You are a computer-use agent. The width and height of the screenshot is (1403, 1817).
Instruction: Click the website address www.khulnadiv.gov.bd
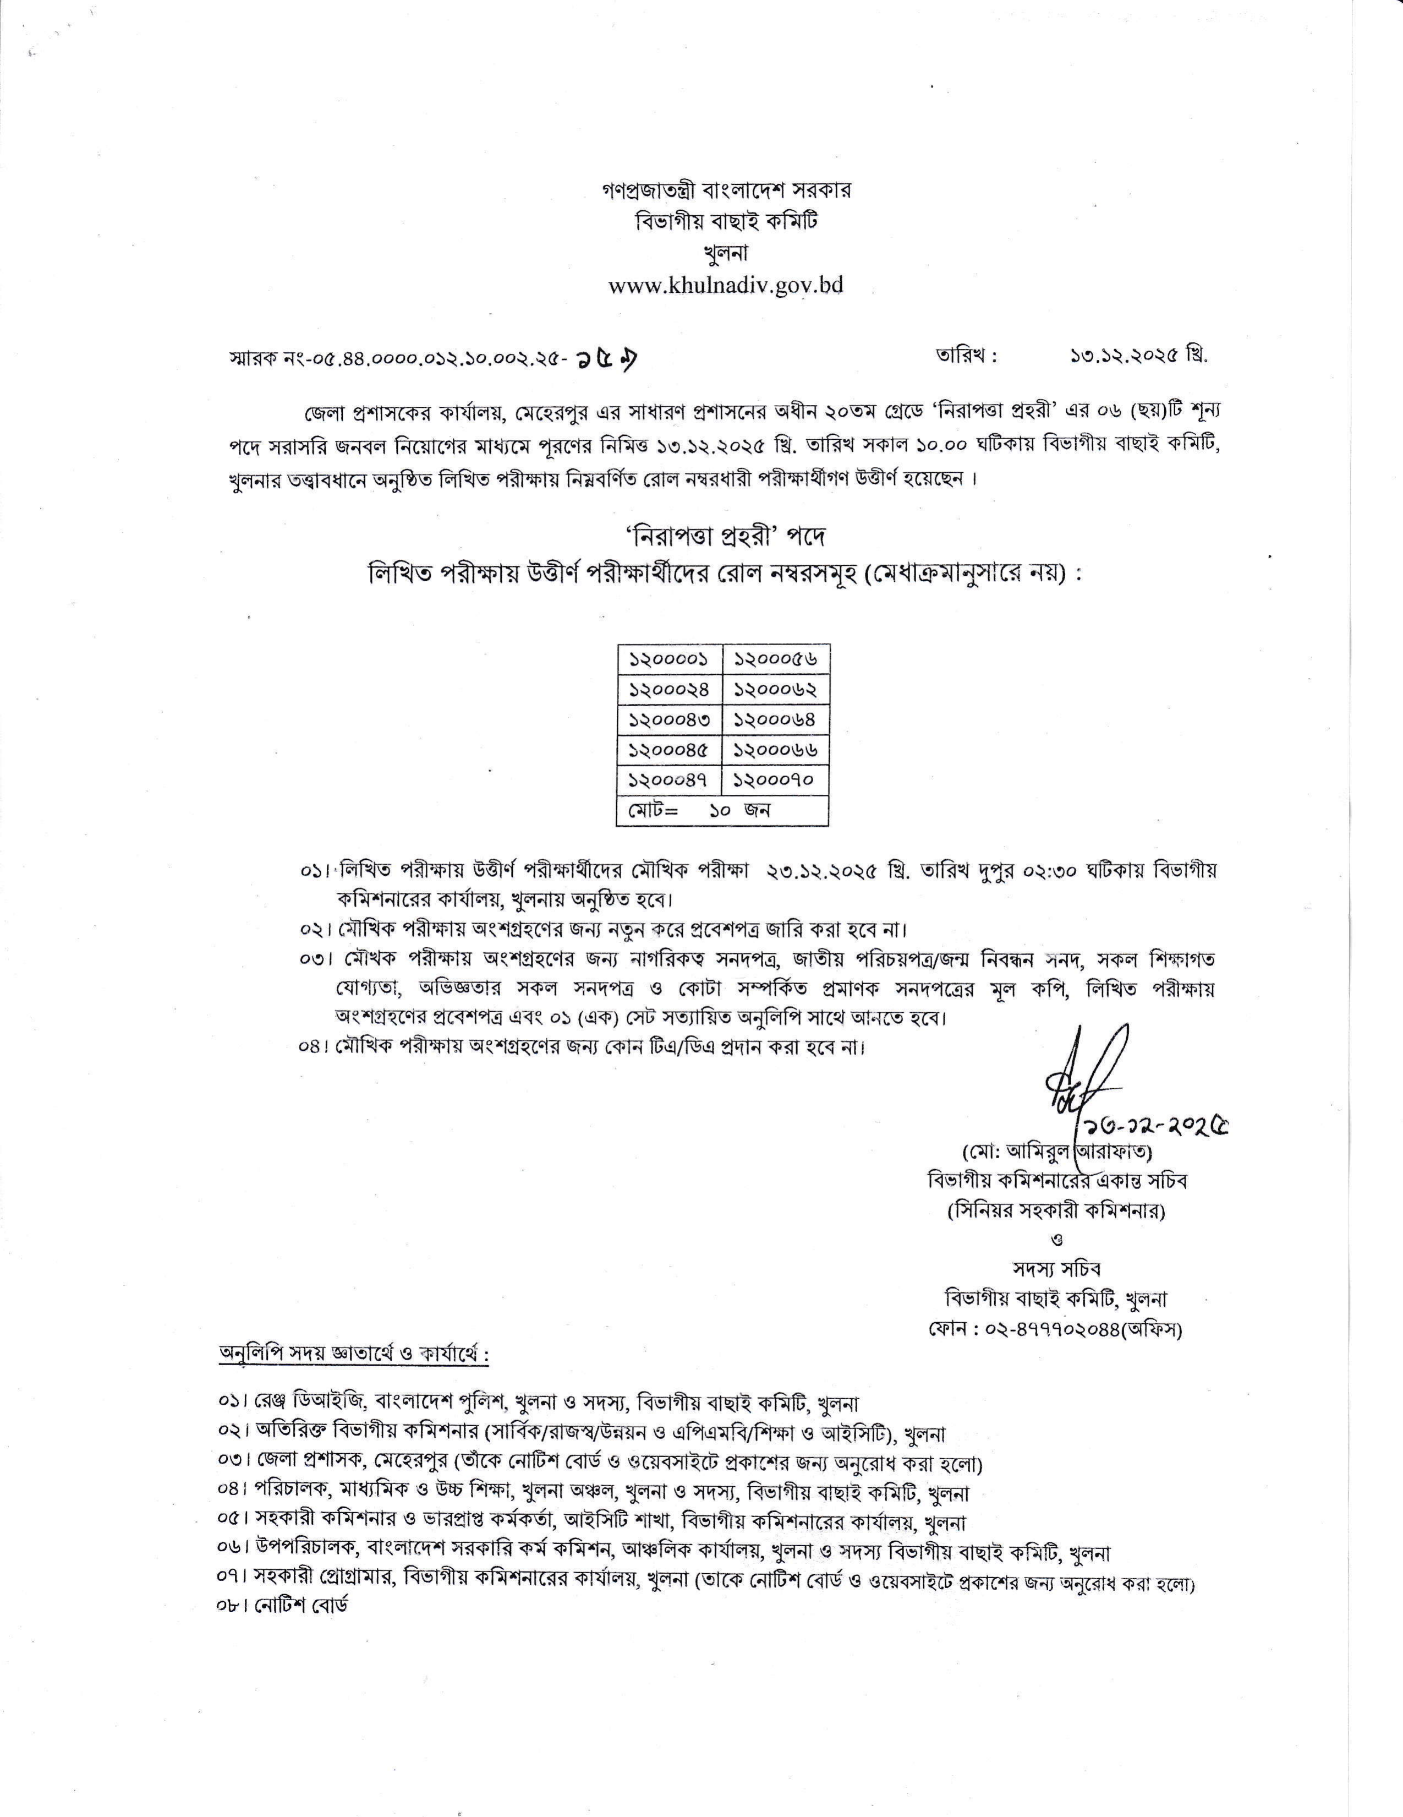[x=725, y=285]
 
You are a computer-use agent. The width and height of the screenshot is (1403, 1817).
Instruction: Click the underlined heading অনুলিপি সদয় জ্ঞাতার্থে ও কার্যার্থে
[x=353, y=1377]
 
